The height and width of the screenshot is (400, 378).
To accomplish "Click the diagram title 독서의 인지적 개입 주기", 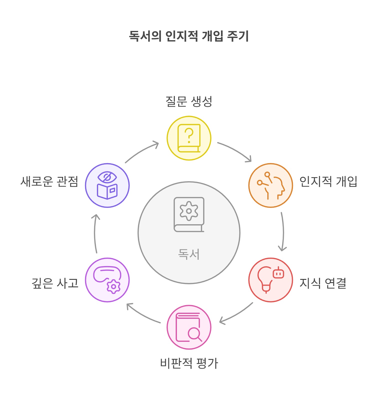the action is pos(189,36).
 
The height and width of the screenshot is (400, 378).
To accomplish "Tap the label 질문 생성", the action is pos(189,101).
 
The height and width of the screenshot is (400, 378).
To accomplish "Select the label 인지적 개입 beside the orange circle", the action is pos(328,181).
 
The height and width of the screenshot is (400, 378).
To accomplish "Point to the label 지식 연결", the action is pos(323,283).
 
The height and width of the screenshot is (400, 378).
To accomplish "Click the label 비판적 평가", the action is pos(189,363).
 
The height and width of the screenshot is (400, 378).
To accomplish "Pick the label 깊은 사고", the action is pos(55,283).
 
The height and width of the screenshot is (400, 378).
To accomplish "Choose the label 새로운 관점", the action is pos(49,181).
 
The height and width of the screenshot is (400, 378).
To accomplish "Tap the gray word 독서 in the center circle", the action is pos(189,254).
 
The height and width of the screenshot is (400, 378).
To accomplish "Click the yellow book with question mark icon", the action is pos(189,138).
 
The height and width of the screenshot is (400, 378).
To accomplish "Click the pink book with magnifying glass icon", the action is pos(189,327).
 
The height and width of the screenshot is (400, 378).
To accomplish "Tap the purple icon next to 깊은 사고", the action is pos(107,280).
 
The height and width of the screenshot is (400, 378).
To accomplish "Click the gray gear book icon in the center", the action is pos(189,214).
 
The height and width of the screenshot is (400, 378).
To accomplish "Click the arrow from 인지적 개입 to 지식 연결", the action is pos(283,231).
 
